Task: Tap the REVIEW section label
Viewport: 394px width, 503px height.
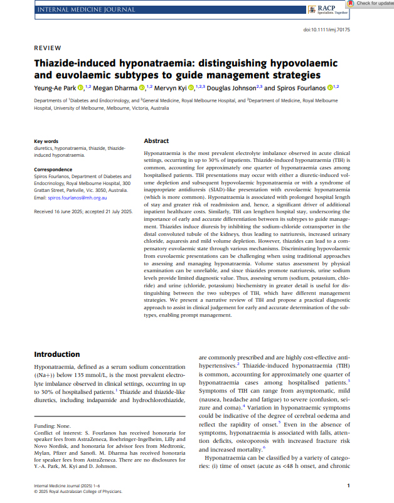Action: pyautogui.click(x=47, y=48)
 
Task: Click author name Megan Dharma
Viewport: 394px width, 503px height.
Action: pyautogui.click(x=115, y=88)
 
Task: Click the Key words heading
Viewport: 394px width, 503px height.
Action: pyautogui.click(x=46, y=142)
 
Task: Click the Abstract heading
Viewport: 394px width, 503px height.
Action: pyautogui.click(x=156, y=141)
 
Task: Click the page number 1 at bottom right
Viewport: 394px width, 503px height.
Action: pyautogui.click(x=348, y=485)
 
